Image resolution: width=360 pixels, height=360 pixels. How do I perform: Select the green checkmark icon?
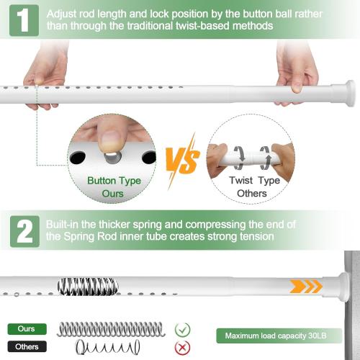coord(183,329)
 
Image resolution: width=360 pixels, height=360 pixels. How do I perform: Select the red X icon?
coord(183,346)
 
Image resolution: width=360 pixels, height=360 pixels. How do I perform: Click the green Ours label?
coord(27,329)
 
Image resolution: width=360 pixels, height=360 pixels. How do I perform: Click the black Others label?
coord(27,346)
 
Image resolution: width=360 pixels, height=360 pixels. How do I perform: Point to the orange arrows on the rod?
coord(306,287)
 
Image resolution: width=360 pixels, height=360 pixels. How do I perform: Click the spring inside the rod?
coord(87,286)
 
